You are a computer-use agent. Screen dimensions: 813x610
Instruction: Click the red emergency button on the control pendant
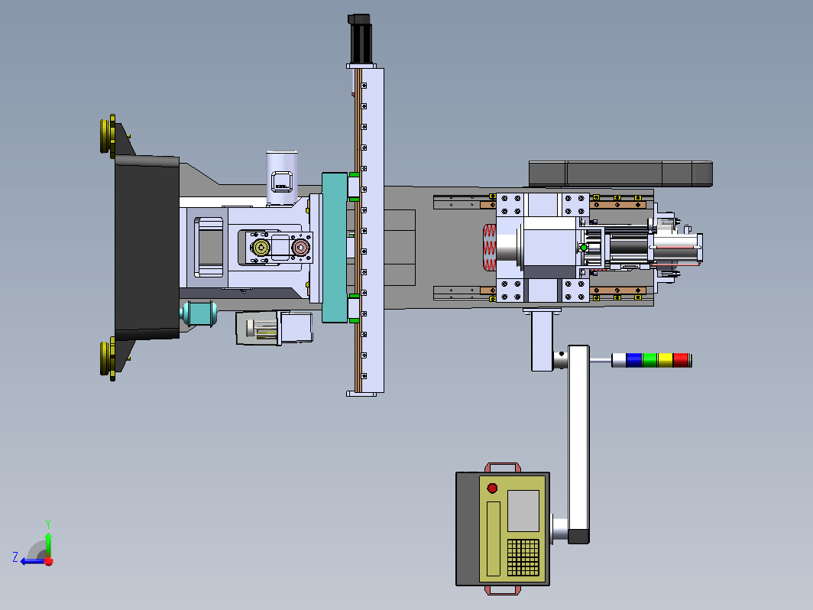point(492,488)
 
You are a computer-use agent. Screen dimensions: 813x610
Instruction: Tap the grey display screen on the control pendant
point(523,511)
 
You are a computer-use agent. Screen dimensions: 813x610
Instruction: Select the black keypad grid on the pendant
point(523,557)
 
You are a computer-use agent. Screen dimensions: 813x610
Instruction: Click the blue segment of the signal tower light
point(633,360)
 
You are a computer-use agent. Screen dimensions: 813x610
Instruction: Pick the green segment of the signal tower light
point(649,360)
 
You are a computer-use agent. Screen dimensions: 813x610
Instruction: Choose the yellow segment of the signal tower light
point(666,360)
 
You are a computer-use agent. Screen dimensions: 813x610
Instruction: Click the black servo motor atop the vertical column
point(361,40)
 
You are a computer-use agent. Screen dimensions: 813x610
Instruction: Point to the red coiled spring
point(490,248)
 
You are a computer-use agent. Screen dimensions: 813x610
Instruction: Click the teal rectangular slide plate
point(335,248)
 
